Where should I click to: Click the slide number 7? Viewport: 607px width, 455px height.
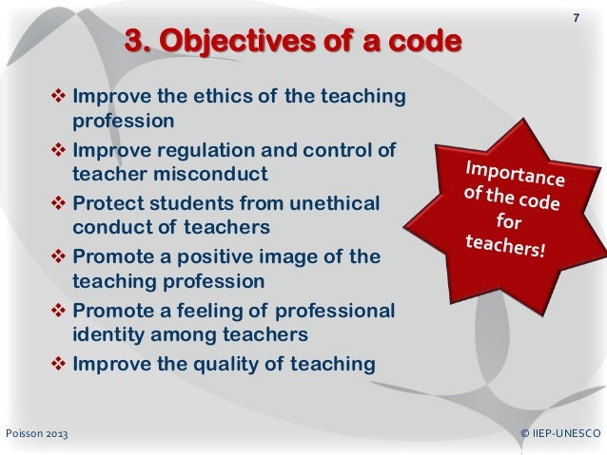575,20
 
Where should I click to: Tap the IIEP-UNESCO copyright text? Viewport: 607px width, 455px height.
561,434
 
